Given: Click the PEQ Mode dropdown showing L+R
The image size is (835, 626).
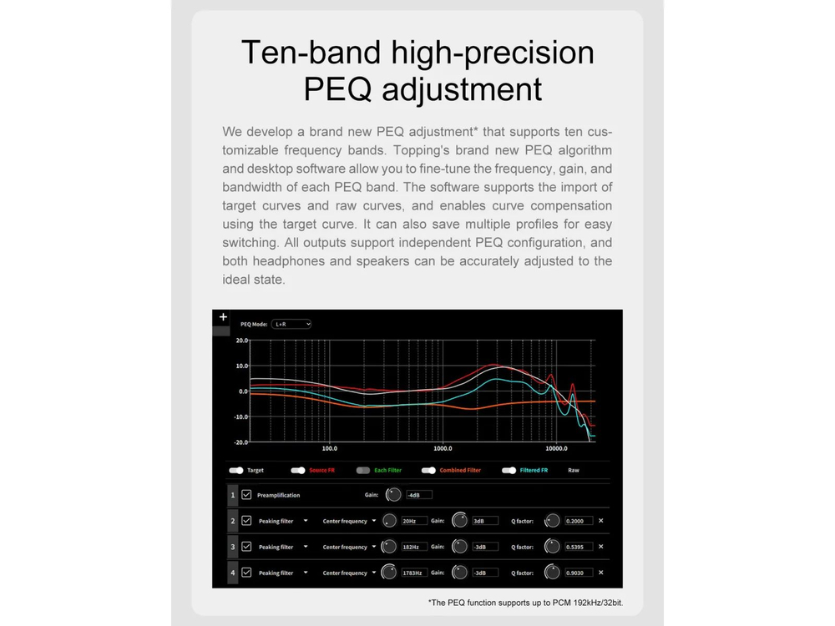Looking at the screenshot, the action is (x=291, y=324).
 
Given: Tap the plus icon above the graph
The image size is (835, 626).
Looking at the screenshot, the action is (x=223, y=316).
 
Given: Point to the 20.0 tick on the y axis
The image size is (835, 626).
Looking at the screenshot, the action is (x=242, y=341).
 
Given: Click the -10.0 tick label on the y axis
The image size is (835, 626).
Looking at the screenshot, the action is (x=240, y=416).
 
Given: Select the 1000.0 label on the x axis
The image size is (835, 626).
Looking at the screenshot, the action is (x=443, y=449).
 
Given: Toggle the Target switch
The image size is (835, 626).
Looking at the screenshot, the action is (x=236, y=471).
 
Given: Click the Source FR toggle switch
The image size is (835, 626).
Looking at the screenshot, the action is (x=298, y=471).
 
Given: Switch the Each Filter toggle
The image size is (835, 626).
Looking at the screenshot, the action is (x=362, y=471).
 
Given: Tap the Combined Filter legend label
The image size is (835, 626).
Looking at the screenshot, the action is (x=460, y=471).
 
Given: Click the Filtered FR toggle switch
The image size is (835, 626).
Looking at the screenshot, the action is (x=509, y=471).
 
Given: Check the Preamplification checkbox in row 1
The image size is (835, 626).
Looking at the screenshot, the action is (x=246, y=495).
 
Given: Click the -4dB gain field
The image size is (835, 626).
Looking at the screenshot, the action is (x=419, y=495).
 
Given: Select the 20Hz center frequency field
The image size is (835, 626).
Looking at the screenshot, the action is (x=414, y=521).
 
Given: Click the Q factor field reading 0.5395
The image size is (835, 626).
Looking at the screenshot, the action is (x=579, y=548).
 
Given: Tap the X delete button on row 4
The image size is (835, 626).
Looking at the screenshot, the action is (x=600, y=573).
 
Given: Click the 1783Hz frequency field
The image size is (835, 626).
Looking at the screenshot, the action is (x=414, y=573).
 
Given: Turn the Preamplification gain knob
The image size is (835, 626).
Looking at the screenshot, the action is (x=393, y=494).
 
